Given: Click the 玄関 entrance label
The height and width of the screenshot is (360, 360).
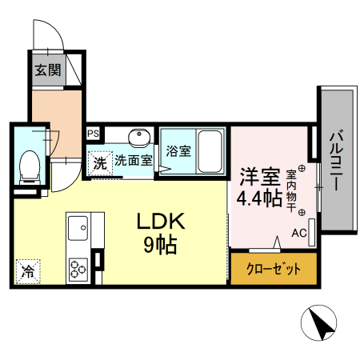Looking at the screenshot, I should click(48, 70).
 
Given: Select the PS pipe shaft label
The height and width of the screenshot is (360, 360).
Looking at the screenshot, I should click(94, 134).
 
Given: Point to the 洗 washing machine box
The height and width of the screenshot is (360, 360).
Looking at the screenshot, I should click(99, 162).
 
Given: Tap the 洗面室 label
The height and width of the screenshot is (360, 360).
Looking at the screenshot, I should click(132, 160).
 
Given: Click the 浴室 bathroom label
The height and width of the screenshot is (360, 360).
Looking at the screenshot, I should click(178, 150).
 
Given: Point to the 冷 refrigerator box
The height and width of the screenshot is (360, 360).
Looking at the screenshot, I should click(27, 270).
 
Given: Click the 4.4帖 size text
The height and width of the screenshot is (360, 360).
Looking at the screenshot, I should click(258, 198).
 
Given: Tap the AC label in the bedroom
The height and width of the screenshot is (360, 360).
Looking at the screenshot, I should click(298, 234).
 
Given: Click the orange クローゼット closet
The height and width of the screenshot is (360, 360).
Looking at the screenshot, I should click(274, 269).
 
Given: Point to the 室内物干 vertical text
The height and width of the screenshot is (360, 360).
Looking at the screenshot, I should click(290, 187).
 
